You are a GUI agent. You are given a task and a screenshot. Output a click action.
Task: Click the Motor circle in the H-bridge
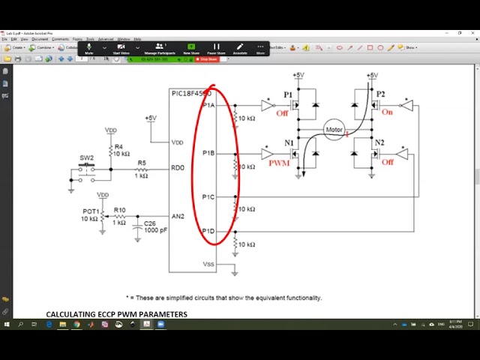coord(334,130)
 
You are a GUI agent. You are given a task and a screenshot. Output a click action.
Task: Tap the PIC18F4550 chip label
coord(190,94)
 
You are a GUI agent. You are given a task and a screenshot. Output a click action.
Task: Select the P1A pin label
coord(208,106)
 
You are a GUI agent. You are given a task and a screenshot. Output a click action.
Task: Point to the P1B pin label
coord(208,153)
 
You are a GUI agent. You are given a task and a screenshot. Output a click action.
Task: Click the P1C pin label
coord(208,196)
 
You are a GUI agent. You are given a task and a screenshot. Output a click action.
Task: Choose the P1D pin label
coord(208,231)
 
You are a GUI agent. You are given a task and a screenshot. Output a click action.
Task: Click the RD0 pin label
coord(177,168)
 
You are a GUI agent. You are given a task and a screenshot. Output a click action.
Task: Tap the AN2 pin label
coord(178,217)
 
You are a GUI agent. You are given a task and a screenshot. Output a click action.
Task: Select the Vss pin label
coord(208,264)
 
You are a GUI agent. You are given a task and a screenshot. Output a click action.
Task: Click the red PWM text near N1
coord(279,162)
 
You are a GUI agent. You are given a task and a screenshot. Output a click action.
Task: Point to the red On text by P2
coord(387,112)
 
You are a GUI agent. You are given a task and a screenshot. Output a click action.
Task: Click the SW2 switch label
coord(87,157)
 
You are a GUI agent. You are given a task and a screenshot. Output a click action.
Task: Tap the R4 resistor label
coord(118,147)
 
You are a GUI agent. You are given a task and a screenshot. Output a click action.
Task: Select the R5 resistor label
coord(142,162)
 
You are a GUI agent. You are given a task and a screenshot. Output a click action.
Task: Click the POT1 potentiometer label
coord(90,211)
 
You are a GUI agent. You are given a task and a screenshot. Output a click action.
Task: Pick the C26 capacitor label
coord(151,223)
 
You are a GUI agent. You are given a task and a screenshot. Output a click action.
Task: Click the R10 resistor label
coord(119,210)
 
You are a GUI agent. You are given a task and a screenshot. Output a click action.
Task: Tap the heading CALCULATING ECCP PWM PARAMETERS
coord(116,314)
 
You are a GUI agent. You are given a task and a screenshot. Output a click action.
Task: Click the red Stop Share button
coord(206,59)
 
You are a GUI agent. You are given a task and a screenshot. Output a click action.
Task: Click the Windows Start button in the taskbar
coord(7,325)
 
